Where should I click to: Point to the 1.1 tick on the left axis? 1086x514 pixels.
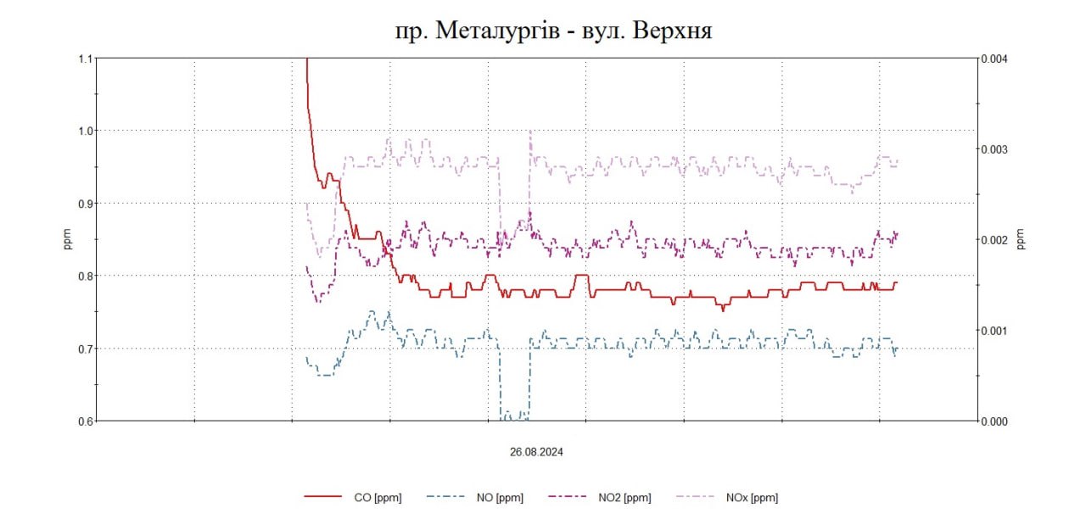click(x=84, y=59)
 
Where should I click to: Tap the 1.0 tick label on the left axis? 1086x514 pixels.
click(x=84, y=131)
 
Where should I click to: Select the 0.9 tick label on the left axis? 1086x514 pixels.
click(x=84, y=204)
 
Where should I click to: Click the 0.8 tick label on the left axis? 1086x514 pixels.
click(x=84, y=276)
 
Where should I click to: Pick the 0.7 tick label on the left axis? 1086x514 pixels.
click(x=84, y=349)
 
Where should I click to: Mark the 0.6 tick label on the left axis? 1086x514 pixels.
click(x=84, y=421)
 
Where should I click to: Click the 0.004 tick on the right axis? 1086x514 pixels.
click(x=994, y=59)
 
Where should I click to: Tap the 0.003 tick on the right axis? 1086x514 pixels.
click(x=994, y=149)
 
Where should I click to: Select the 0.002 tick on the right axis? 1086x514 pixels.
click(x=994, y=240)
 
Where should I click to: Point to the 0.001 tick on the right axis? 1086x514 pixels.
click(x=994, y=330)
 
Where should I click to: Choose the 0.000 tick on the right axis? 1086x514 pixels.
click(x=994, y=421)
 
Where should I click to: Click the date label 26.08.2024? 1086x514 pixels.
click(x=536, y=452)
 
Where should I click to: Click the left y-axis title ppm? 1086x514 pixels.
click(x=67, y=239)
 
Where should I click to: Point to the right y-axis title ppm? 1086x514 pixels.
click(x=1022, y=239)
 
